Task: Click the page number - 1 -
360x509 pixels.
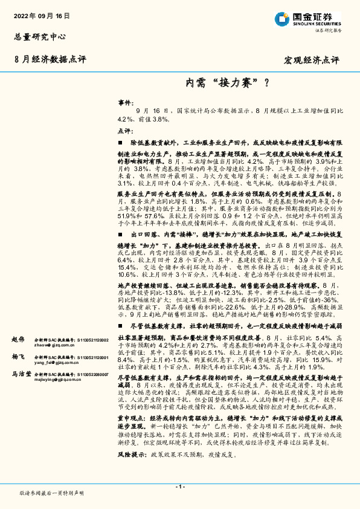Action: point(179,487)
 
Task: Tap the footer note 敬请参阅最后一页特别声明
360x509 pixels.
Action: point(51,493)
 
